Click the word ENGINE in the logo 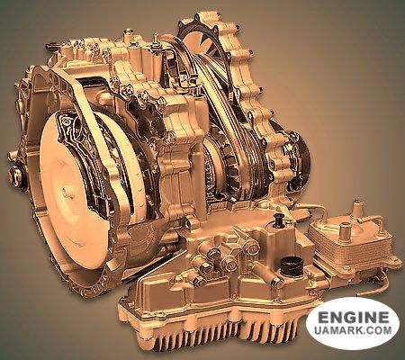coord(354,317)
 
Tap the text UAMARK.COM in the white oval coord(353,330)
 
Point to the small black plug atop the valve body coord(279,220)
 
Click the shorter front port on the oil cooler coord(344,231)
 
